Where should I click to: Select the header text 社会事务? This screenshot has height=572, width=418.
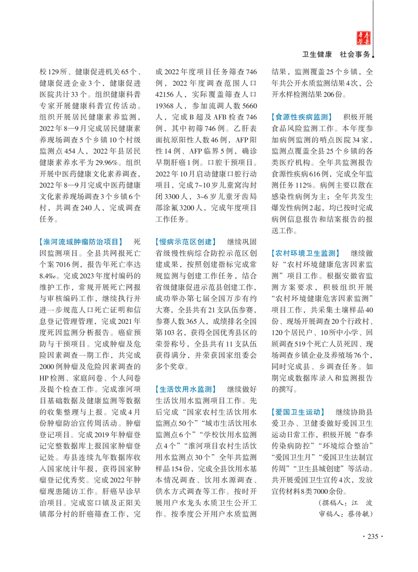tap(355, 54)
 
